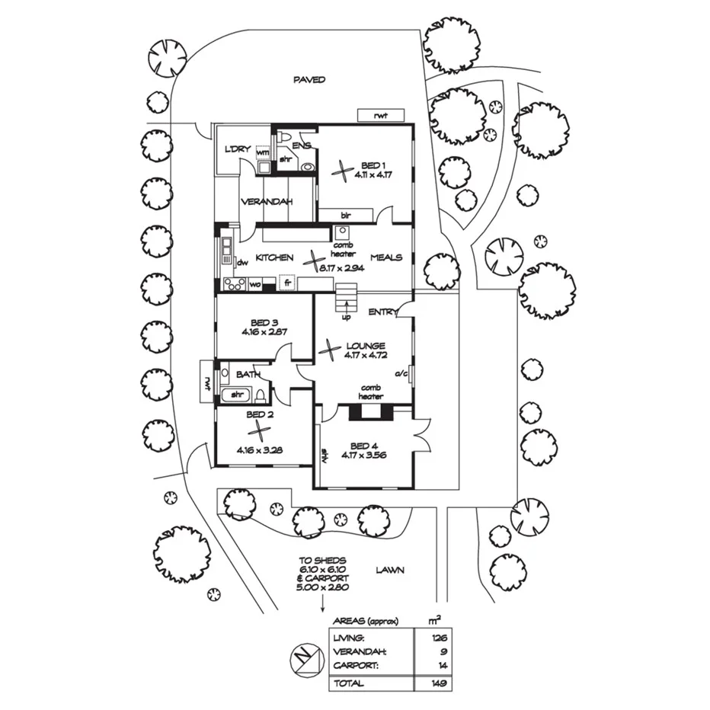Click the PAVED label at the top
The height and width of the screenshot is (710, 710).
(x=309, y=80)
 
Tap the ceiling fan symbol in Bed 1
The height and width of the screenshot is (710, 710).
(x=342, y=171)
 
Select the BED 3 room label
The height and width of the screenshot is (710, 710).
(x=264, y=323)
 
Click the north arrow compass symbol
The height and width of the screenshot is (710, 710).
(x=304, y=658)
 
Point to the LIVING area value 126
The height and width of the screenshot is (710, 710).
(x=440, y=638)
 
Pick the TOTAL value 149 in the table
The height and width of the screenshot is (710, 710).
(x=440, y=683)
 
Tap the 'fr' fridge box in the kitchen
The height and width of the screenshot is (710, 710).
(x=287, y=283)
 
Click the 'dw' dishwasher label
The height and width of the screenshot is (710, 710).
(x=243, y=262)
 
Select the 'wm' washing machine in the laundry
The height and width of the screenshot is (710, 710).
(x=263, y=152)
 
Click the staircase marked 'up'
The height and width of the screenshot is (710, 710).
(x=347, y=298)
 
